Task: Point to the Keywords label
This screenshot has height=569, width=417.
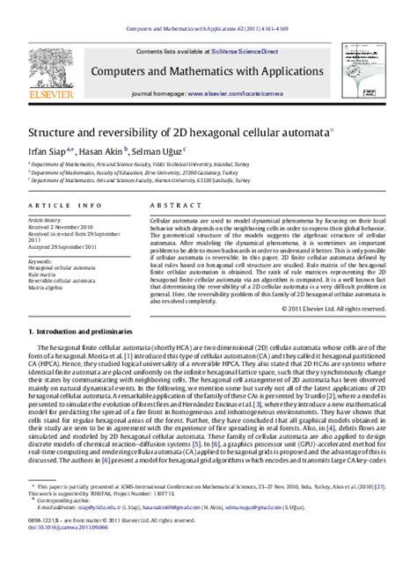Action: [40, 260]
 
